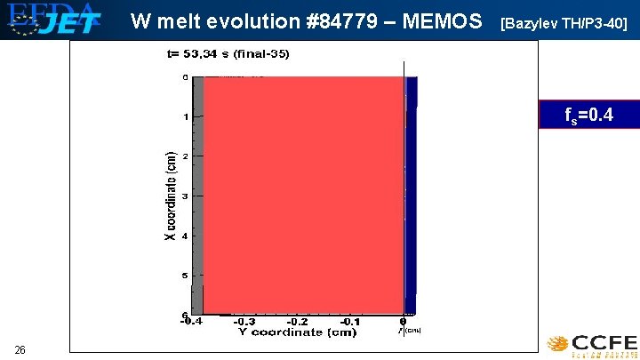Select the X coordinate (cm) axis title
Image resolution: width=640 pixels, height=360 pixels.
click(x=169, y=196)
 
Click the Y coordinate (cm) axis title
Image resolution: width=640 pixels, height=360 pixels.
click(x=297, y=332)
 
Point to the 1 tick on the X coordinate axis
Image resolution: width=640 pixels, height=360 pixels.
click(x=185, y=117)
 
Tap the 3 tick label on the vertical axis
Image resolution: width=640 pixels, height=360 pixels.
click(x=185, y=196)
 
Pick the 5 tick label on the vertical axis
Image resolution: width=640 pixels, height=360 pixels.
click(x=185, y=276)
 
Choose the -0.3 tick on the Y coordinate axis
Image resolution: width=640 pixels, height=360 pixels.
click(x=246, y=322)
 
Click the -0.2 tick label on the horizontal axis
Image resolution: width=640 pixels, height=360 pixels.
click(x=298, y=322)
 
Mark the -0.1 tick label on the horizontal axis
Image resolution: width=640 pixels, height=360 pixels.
click(x=350, y=322)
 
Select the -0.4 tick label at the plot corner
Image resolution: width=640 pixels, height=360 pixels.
click(x=190, y=322)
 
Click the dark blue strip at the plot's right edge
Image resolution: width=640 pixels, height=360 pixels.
click(x=411, y=196)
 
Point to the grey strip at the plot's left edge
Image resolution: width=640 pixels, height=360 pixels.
click(x=199, y=196)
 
